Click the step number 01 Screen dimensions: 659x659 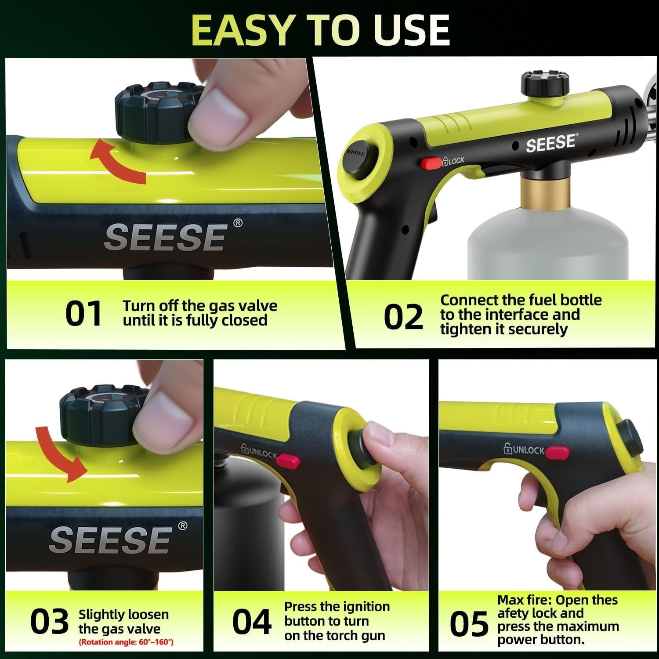(x=83, y=314)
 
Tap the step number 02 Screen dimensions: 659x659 (x=403, y=317)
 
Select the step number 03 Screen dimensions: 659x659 (x=49, y=622)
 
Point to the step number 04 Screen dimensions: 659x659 (x=252, y=622)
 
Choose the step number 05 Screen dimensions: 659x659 (x=469, y=624)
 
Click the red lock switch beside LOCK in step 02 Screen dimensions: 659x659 (x=431, y=163)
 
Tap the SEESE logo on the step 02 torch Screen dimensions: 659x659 (x=550, y=143)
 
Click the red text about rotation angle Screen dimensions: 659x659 (x=126, y=642)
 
